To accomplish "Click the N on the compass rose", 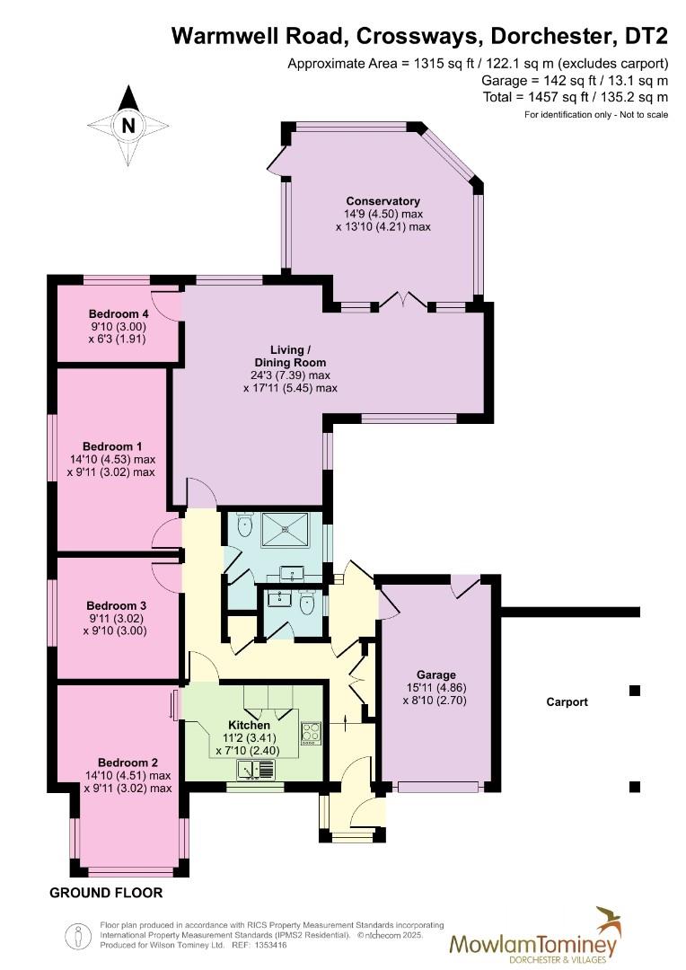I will pos(128,126).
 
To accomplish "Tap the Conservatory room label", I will pos(383,201).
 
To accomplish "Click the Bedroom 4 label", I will pos(118,313).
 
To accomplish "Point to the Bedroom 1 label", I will pos(112,445).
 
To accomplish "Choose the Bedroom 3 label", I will pos(112,605).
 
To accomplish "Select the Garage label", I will pos(435,675).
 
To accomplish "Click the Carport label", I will pos(567,702).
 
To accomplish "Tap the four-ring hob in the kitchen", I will pos(311,733).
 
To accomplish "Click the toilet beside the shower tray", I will pos(247,530).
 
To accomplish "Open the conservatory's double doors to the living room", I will pos(402,301).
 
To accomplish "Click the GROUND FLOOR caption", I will pos(106,893).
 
